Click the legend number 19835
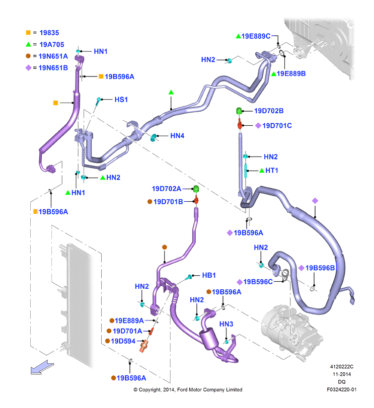pyautogui.click(x=49, y=33)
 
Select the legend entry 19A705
pyautogui.click(x=51, y=44)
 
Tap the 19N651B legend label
pyautogui.click(x=53, y=68)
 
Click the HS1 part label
pyautogui.click(x=121, y=100)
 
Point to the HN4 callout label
pyautogui.click(x=177, y=136)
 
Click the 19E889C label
pyautogui.click(x=256, y=36)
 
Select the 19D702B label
pyautogui.click(x=269, y=111)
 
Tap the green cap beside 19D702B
pyautogui.click(x=239, y=111)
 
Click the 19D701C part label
pyautogui.click(x=277, y=126)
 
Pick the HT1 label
pyautogui.click(x=272, y=171)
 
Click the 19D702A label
pyautogui.click(x=166, y=189)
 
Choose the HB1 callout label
pyautogui.click(x=209, y=275)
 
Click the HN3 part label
pyautogui.click(x=226, y=324)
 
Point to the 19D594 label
pyautogui.click(x=123, y=341)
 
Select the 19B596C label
pyautogui.click(x=258, y=282)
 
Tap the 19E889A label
pyautogui.click(x=129, y=320)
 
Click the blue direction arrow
pyautogui.click(x=42, y=368)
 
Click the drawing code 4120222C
pyautogui.click(x=342, y=367)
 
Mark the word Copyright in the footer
pyautogui.click(x=149, y=390)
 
